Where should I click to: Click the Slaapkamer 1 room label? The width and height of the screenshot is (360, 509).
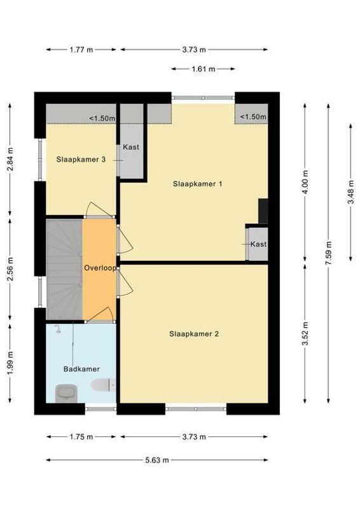coord(197,184)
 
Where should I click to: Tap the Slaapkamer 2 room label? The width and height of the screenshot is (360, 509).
coord(193,333)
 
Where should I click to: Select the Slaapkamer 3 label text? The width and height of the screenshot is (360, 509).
coord(80,160)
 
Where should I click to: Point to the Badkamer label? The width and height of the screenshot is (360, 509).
coord(81,369)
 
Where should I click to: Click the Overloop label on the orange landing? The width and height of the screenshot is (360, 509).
coord(100,268)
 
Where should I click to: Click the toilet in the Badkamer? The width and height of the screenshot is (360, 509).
coord(102,384)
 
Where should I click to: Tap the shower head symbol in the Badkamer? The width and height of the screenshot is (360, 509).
coord(58,329)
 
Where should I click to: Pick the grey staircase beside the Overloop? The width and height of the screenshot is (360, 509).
coord(64,269)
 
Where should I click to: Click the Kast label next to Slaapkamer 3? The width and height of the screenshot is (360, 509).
coord(131,147)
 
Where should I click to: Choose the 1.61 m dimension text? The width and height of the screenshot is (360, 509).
coord(203,69)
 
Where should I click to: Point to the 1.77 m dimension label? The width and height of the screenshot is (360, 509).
coord(81,49)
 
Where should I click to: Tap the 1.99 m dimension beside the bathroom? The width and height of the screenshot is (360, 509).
coord(10,363)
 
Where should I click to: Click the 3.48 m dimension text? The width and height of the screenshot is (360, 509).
coord(350,192)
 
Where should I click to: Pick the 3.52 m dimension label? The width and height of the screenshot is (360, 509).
coord(306,333)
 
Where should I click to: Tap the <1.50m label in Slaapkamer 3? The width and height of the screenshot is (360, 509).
coord(101,118)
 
